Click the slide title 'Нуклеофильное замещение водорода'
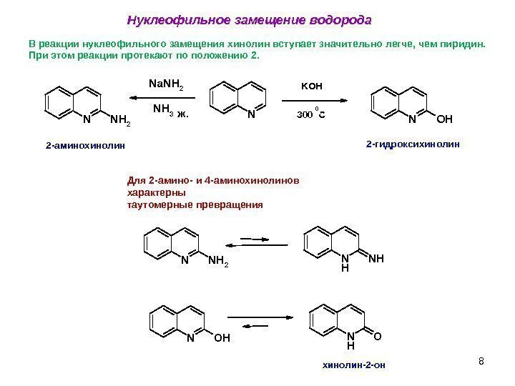pos(249,18)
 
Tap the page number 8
pos(481,360)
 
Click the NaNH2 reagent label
pos(166,86)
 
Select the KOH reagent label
pos(312,86)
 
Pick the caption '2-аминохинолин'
pos(84,145)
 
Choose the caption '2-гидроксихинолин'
pos(413,144)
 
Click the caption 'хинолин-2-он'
pos(354,365)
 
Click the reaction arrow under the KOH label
pos(313,99)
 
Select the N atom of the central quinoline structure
pos(250,113)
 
